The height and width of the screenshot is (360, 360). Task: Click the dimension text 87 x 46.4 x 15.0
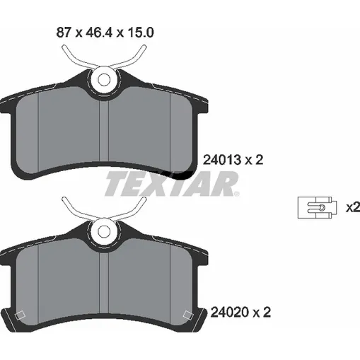point(105,33)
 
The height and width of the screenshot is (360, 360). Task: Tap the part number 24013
point(222,160)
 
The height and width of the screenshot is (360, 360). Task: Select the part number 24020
point(230,312)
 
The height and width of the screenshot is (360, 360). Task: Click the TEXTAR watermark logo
point(172,184)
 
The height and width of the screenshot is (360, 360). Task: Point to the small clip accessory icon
point(318,208)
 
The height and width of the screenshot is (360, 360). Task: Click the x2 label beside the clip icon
point(353,207)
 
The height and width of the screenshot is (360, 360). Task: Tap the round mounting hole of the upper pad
point(104,80)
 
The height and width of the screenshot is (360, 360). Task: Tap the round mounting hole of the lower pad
point(104,232)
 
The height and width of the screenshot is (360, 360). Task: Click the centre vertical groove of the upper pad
point(104,131)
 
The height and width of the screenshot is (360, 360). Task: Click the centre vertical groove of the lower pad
point(104,283)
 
